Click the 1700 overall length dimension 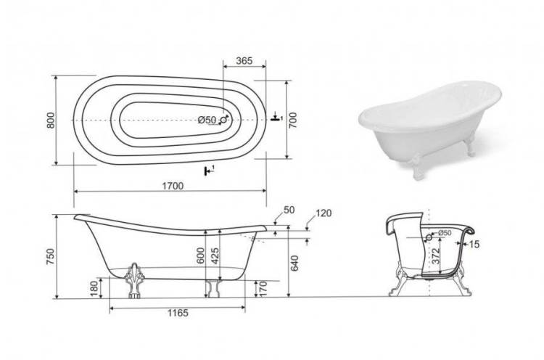tap(173, 186)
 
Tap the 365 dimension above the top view tap(244, 61)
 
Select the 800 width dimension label tap(51, 120)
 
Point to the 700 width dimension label tap(293, 120)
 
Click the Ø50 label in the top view tap(207, 120)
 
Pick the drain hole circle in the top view tap(224, 120)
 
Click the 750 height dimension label tap(51, 256)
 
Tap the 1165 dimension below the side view tap(178, 313)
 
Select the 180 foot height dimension tap(94, 288)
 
